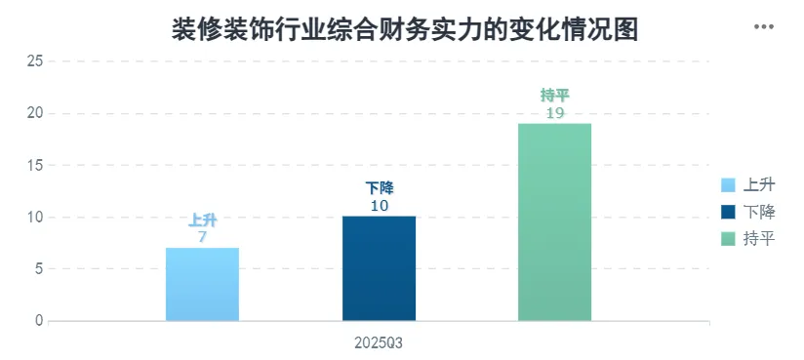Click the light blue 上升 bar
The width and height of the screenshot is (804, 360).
pyautogui.click(x=203, y=284)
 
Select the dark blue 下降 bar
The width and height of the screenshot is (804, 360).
pyautogui.click(x=379, y=268)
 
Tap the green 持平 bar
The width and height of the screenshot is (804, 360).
pyautogui.click(x=555, y=222)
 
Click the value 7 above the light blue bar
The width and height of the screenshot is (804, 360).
pyautogui.click(x=203, y=237)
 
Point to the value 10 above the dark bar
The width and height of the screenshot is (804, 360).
pyautogui.click(x=379, y=206)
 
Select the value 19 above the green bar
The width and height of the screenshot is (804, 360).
pyautogui.click(x=555, y=113)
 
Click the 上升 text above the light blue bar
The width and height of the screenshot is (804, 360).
pyautogui.click(x=203, y=220)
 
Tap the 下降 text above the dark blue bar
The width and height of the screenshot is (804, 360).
pyautogui.click(x=379, y=188)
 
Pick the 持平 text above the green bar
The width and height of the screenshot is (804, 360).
pyautogui.click(x=555, y=96)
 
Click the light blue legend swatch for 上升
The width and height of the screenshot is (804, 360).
pyautogui.click(x=728, y=184)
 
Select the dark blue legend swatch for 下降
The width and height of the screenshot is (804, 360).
pyautogui.click(x=728, y=212)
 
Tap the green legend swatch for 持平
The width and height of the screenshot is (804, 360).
pyautogui.click(x=728, y=238)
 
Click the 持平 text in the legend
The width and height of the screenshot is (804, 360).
pyautogui.click(x=759, y=238)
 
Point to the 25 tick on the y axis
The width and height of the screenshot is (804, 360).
pyautogui.click(x=34, y=61)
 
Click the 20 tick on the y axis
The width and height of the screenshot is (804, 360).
pyautogui.click(x=34, y=113)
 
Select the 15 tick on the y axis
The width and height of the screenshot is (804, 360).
pyautogui.click(x=34, y=165)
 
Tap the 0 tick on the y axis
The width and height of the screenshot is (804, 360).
pyautogui.click(x=39, y=321)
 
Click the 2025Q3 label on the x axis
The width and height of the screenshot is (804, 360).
pyautogui.click(x=379, y=343)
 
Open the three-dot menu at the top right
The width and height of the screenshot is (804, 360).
pyautogui.click(x=763, y=26)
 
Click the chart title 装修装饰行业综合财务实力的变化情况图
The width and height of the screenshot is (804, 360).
pyautogui.click(x=405, y=29)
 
